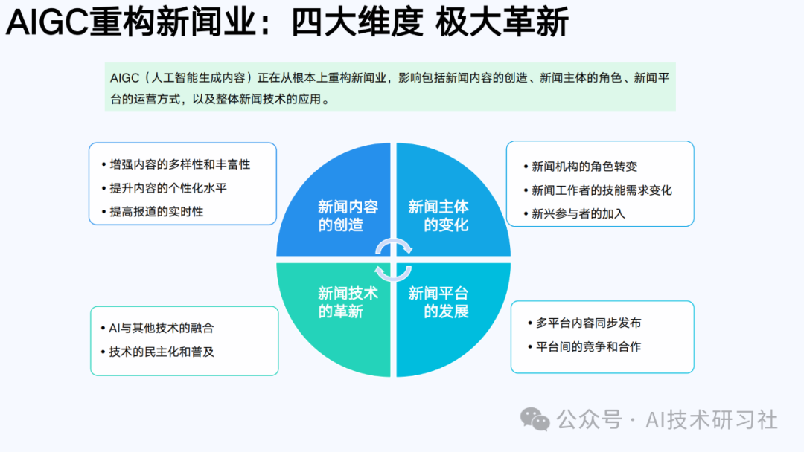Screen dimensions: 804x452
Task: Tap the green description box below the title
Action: coord(390,86)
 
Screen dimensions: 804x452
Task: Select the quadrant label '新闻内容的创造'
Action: coord(348,216)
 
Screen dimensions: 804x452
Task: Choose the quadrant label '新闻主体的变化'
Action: coord(438,216)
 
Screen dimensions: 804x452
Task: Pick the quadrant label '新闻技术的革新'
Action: coord(348,302)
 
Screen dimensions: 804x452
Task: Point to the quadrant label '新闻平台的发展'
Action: coord(438,302)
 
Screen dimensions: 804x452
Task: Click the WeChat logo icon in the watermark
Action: coord(535,420)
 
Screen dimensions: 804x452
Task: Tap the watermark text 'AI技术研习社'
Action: coord(712,420)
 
